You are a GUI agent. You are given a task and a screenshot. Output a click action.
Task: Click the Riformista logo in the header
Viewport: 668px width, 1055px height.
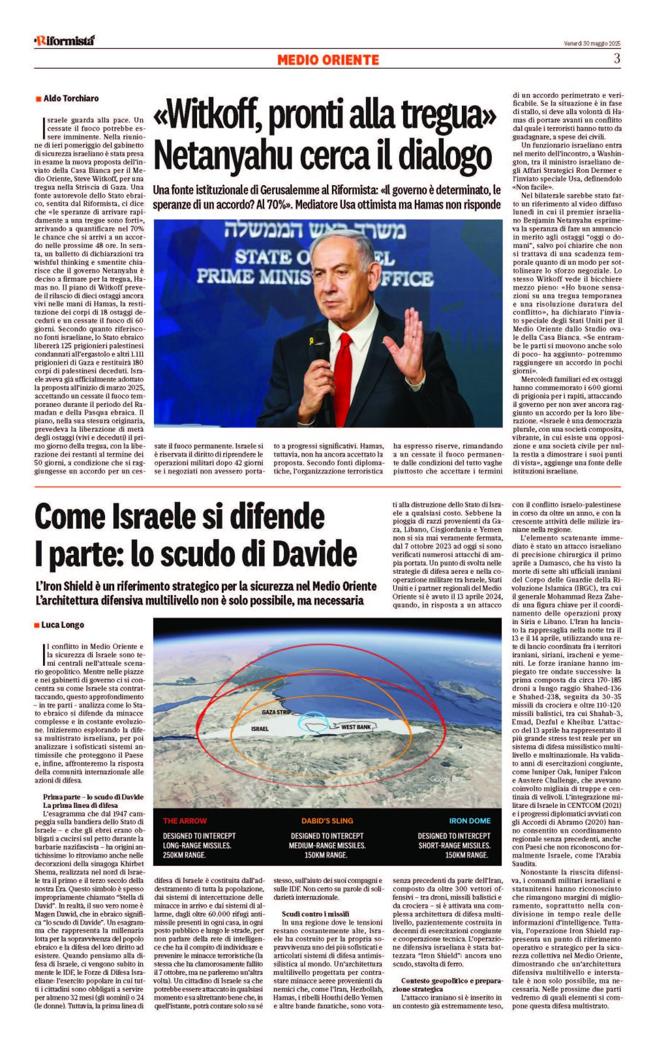tap(65, 40)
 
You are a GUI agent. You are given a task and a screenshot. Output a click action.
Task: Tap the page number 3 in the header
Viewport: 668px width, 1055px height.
tap(616, 59)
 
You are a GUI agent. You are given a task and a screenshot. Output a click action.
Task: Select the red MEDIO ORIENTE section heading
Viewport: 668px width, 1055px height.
tap(327, 60)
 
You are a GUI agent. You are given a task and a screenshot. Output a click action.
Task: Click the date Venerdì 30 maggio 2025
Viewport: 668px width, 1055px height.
tap(592, 44)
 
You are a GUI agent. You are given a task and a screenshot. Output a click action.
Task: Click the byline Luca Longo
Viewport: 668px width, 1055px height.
tap(63, 625)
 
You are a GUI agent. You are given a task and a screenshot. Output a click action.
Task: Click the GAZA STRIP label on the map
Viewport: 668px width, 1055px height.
tap(277, 712)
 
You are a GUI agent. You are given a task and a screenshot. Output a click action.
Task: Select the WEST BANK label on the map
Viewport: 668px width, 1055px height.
tap(356, 727)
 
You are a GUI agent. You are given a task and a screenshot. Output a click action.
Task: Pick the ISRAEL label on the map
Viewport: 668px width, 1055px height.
tap(260, 728)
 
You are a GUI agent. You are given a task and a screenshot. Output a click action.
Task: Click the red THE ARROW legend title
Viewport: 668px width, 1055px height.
tap(185, 821)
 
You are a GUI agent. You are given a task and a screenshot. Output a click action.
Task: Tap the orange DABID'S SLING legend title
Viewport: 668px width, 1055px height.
tap(327, 821)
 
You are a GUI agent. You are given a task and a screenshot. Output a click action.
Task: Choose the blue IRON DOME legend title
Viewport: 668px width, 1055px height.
tap(470, 821)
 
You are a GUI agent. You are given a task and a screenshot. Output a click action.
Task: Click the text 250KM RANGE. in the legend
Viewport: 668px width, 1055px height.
tap(185, 855)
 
